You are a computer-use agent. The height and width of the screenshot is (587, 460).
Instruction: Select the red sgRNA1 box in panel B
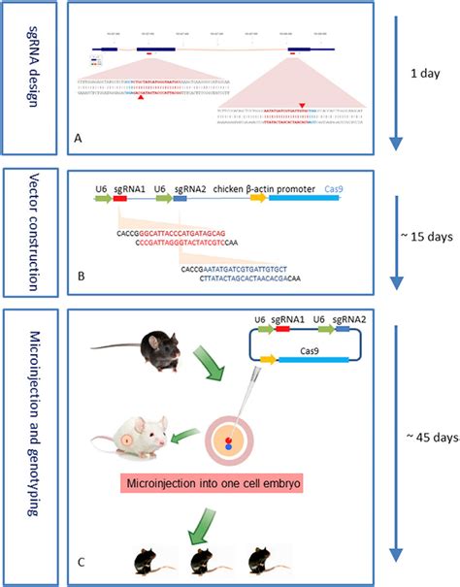pos(121,200)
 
